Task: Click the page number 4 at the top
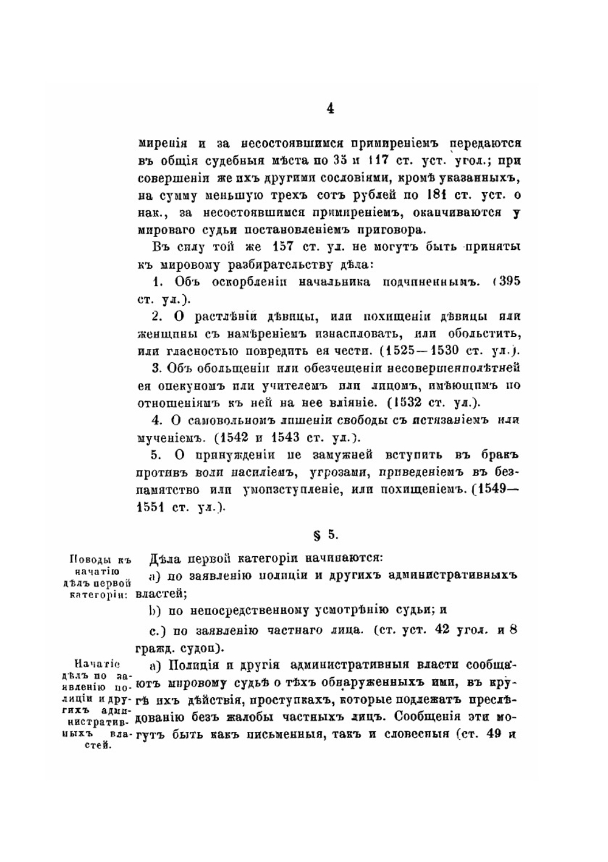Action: (x=330, y=109)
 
